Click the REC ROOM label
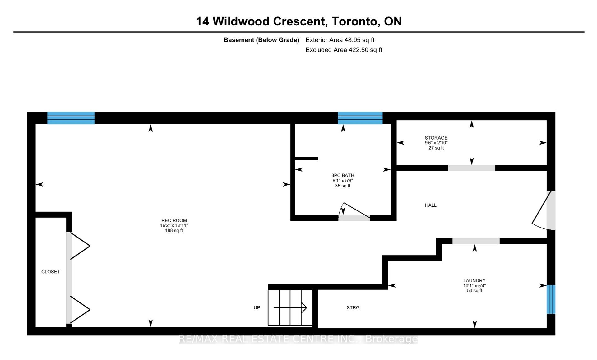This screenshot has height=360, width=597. (174, 220)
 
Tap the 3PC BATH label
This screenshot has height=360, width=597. (343, 175)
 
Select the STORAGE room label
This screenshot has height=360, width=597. (436, 138)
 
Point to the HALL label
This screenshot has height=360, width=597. (431, 205)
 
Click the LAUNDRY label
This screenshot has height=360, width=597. (474, 280)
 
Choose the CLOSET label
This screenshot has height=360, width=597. (51, 272)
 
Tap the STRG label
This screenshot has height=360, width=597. (353, 307)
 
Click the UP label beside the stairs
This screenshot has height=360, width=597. (257, 307)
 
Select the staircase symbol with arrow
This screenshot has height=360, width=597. (290, 308)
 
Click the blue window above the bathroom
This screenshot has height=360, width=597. (360, 118)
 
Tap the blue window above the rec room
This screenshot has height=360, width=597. (71, 118)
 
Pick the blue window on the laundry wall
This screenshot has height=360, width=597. (551, 299)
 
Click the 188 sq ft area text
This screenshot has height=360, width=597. (174, 231)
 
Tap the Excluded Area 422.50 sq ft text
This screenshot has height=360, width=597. (344, 50)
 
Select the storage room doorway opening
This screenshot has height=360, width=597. (471, 168)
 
